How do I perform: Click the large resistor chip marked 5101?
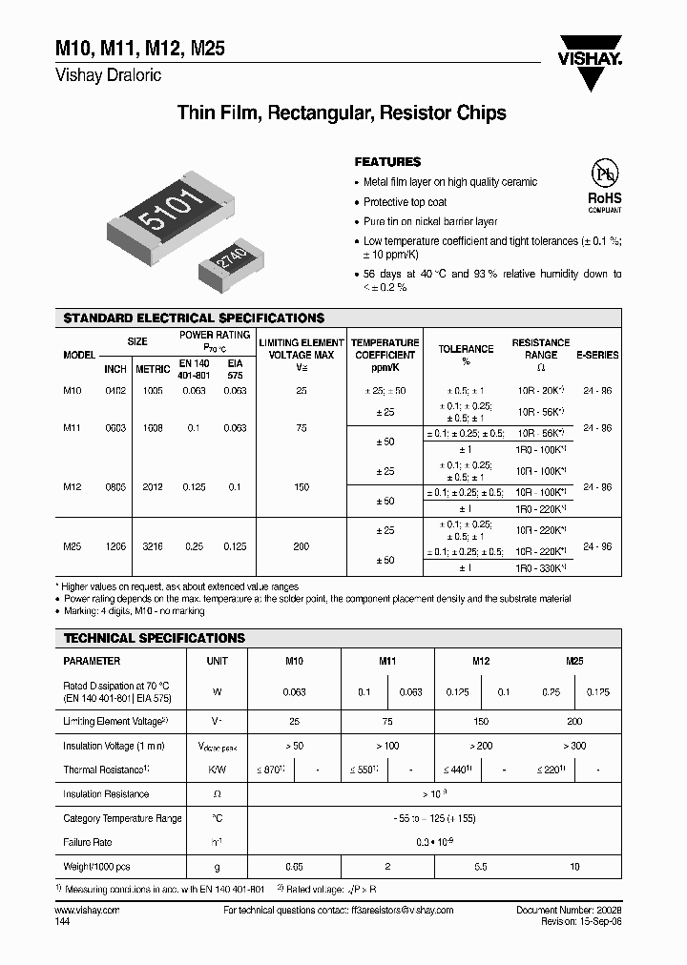tap(171, 214)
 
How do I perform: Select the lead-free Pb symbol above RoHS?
tap(603, 175)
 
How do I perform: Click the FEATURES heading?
tap(387, 162)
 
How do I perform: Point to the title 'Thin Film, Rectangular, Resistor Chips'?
tap(342, 113)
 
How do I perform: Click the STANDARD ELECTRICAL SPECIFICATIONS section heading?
tap(194, 317)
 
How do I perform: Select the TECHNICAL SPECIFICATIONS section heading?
tap(154, 637)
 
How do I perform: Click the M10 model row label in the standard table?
tap(73, 391)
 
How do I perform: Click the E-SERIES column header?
tap(597, 355)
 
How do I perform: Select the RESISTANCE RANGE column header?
tap(541, 348)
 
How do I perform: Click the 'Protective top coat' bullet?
tap(405, 202)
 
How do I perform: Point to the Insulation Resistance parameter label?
tap(106, 793)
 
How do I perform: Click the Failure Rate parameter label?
tap(89, 842)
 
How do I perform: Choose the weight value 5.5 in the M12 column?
tap(481, 867)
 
